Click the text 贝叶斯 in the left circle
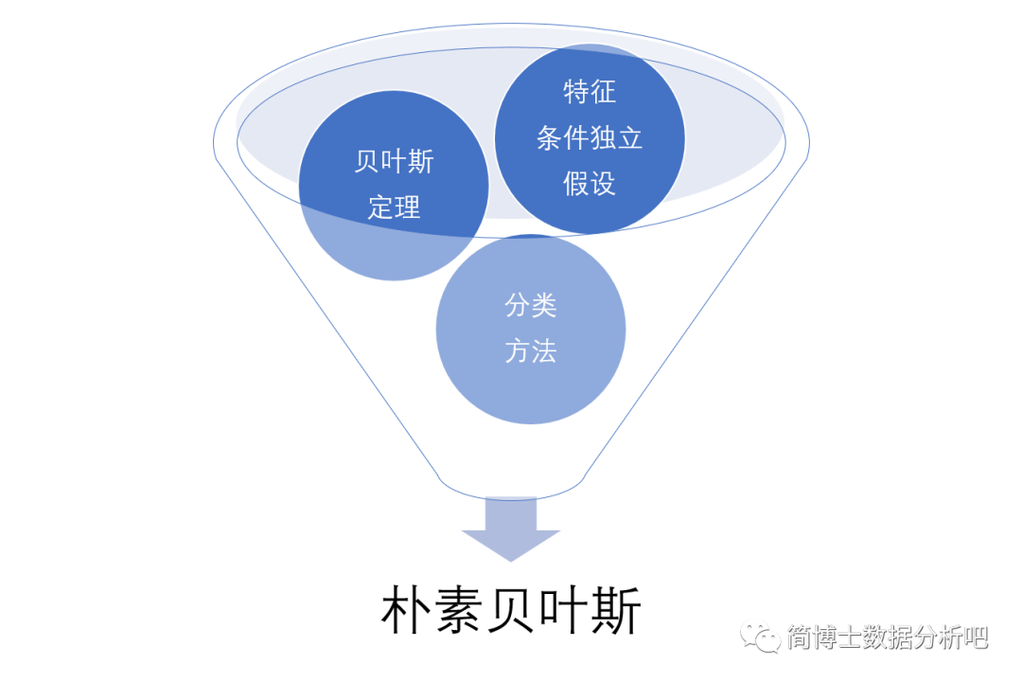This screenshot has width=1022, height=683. (394, 162)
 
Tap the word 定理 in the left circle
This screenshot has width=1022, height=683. (394, 207)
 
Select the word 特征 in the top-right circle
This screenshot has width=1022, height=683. (590, 92)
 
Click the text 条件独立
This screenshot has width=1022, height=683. (590, 138)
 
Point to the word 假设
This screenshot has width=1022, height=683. (590, 184)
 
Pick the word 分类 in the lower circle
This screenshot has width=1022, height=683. (531, 306)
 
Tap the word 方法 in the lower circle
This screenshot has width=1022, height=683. (531, 351)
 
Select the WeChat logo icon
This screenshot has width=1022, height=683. (760, 636)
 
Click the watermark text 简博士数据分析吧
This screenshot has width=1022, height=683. (888, 637)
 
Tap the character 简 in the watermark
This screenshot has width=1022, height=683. (800, 637)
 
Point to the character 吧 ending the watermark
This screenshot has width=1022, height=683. (976, 637)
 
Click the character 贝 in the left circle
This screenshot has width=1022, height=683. (367, 162)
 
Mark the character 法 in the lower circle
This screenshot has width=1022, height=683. (544, 351)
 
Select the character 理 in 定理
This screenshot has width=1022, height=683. (407, 207)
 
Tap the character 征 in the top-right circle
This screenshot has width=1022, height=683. (603, 92)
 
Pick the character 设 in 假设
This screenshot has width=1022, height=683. (603, 184)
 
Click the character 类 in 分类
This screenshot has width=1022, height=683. (544, 306)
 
